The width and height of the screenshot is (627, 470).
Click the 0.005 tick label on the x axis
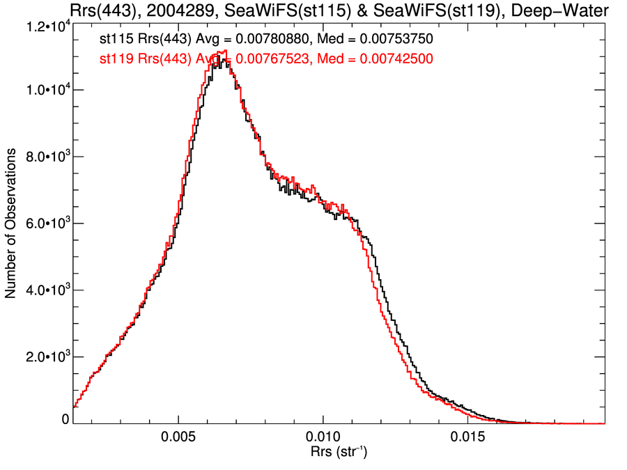[x=179, y=440]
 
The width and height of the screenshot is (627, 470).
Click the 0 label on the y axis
[x=65, y=420]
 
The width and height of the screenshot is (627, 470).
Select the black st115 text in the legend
[x=115, y=40]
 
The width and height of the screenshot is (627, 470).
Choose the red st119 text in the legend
[x=115, y=60]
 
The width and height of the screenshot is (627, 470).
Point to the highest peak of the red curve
[x=224, y=51]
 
